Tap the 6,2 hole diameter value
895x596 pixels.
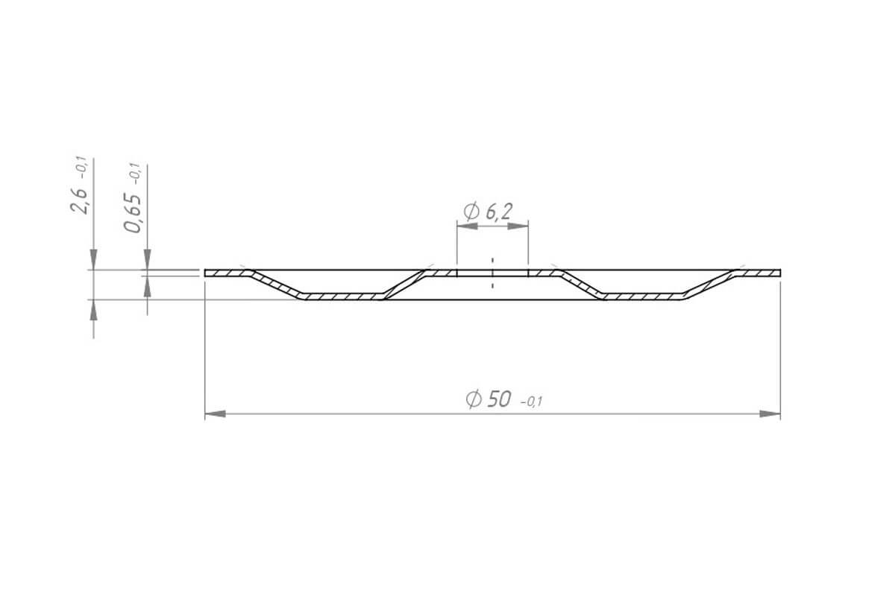(x=498, y=211)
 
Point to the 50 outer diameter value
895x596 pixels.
(x=499, y=399)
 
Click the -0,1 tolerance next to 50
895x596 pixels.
(x=531, y=402)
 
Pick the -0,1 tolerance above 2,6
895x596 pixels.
(x=82, y=168)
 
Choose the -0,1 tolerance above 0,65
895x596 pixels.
(x=136, y=174)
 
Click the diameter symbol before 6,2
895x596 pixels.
(x=471, y=211)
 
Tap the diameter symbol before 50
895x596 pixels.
(x=474, y=399)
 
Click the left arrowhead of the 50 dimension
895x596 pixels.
(x=215, y=414)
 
